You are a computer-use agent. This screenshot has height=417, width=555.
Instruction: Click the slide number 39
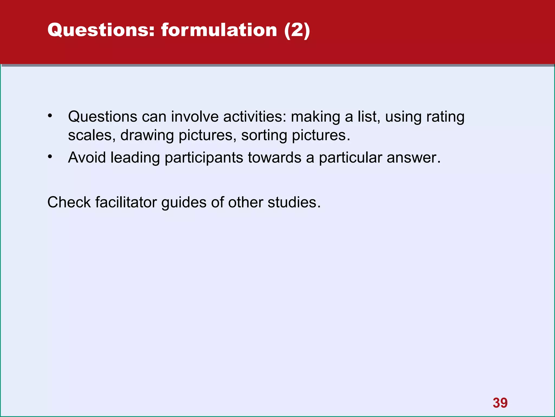[500, 403]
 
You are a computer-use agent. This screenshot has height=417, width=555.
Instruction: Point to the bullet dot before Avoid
[50, 156]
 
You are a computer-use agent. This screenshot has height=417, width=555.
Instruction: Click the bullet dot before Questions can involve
[50, 116]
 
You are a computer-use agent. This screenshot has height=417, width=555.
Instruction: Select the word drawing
[147, 136]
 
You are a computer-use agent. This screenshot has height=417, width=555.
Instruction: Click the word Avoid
[87, 157]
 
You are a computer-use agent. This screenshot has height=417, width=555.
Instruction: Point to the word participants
[204, 158]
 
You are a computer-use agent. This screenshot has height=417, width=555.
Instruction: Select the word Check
[69, 202]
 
